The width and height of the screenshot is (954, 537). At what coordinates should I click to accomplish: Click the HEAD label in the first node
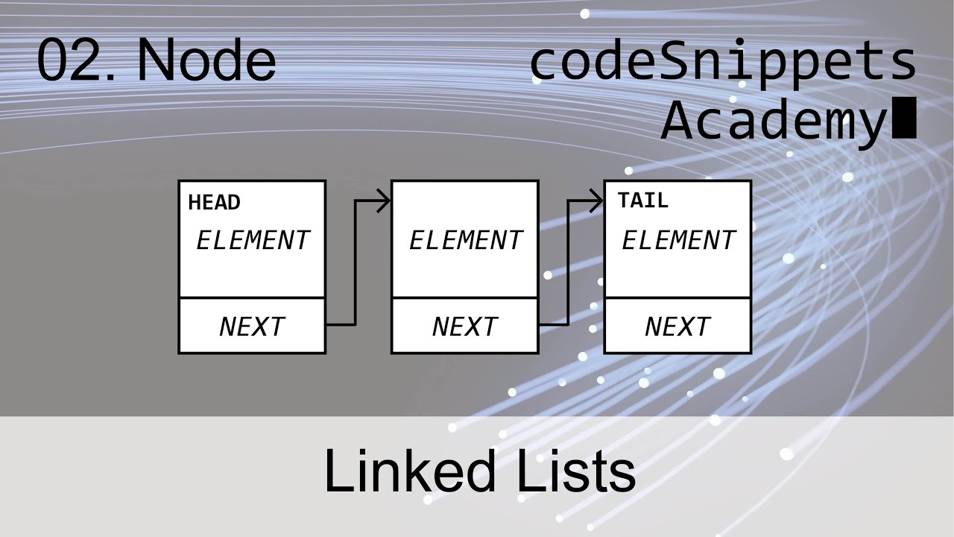coord(214,203)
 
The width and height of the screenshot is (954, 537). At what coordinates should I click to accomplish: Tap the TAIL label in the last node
coord(642,201)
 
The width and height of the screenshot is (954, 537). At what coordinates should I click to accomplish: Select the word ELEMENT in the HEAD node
coord(252,241)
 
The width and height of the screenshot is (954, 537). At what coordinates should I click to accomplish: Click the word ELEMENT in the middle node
coord(465,241)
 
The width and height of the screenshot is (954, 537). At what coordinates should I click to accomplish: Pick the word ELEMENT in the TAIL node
coord(678,241)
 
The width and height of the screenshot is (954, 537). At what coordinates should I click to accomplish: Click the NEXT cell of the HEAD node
coord(252,327)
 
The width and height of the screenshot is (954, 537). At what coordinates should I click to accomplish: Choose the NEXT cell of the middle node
coord(465,327)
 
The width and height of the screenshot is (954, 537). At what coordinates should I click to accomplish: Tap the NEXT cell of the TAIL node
coord(677,327)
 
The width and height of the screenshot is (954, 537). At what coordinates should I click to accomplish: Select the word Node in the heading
coord(206,61)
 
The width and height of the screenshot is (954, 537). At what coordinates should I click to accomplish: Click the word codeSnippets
coord(722,63)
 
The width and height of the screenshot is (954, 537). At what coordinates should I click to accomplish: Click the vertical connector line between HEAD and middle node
coord(356,263)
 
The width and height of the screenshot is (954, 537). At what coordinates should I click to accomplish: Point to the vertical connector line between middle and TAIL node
coord(569,263)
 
